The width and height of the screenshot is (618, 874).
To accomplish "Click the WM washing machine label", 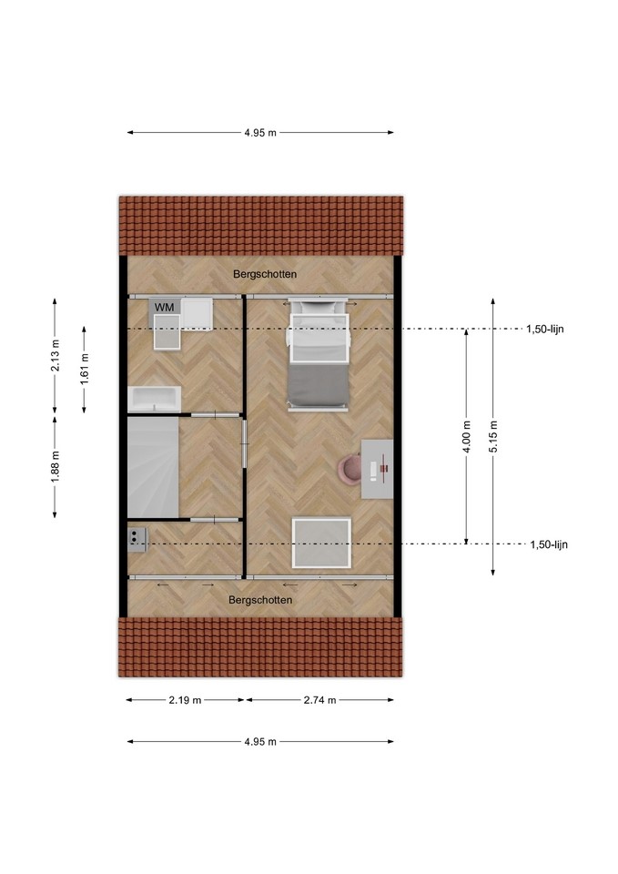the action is pos(164,307).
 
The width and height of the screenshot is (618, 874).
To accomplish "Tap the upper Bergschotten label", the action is pos(265,274).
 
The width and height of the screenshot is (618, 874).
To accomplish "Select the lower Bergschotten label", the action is pos(260,600).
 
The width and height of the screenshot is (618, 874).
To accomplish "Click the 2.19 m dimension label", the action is pos(185,700).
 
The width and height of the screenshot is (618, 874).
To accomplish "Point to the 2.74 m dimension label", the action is pos(319,700).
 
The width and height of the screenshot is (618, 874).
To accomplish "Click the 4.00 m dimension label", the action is pos(467,436).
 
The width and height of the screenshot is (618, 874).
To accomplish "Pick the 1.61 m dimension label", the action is pos(84,369).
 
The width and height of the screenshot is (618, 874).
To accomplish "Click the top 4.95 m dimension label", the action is pos(260,133).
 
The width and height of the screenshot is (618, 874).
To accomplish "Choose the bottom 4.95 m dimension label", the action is pos(260,742).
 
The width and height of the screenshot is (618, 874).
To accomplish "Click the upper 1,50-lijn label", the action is pos(545,329).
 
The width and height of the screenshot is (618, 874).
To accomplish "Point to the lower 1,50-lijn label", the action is pos(549,544).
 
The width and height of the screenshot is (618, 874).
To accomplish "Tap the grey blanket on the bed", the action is pos(319,386).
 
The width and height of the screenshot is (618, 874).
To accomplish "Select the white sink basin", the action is pos(155,399).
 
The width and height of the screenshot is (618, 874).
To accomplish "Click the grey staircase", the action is pos(153,467).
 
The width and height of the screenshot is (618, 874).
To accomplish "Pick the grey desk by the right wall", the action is pos(378,469).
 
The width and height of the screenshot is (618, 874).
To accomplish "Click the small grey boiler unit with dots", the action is pos(137,540).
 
